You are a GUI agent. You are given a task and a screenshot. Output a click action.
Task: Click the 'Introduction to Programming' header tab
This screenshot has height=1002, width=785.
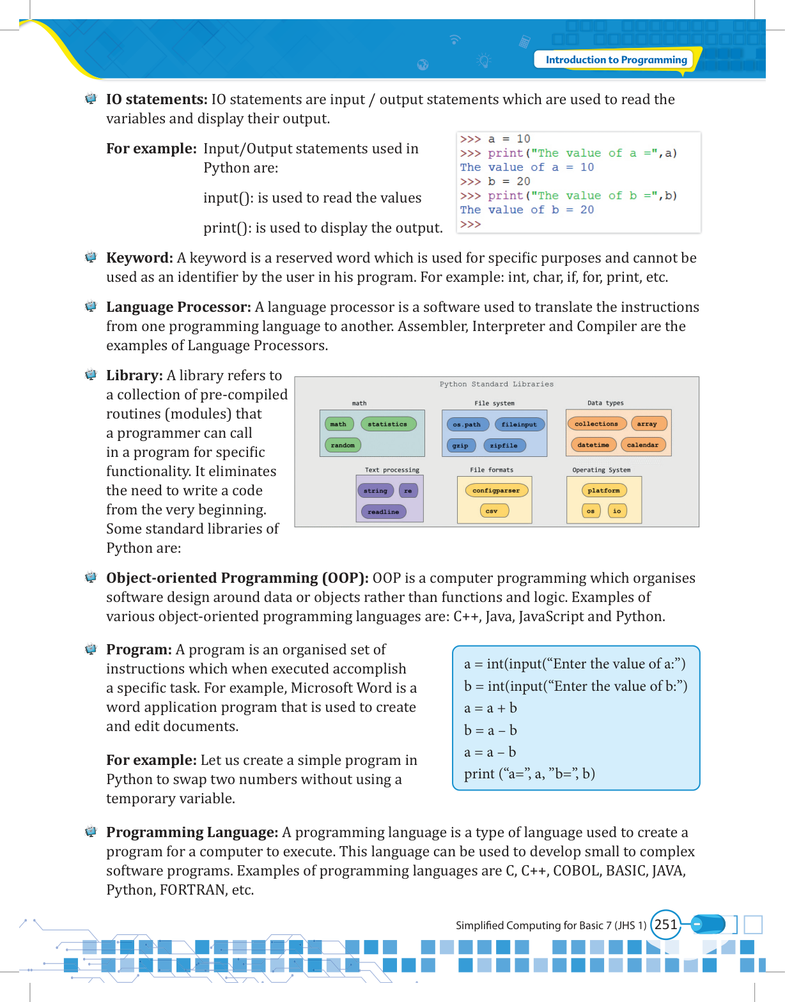pos(616,60)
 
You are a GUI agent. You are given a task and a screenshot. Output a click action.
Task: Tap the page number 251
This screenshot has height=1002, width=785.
pos(665,925)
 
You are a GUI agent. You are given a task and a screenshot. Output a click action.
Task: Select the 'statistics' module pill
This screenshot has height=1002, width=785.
pos(387,424)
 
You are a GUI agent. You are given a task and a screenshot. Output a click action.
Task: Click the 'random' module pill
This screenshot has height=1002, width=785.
pos(343,445)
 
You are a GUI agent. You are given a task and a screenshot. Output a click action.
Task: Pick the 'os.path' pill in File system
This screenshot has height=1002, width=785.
pos(466,424)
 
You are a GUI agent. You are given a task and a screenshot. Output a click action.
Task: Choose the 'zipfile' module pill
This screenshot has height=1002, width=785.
pos(504,445)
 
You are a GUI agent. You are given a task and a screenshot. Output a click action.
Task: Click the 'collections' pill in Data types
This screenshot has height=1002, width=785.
pos(596,424)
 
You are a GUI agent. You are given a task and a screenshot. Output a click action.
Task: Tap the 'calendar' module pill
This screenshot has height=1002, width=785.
pos(642,445)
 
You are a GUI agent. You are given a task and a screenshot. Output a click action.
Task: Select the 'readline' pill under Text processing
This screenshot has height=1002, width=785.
pos(383,511)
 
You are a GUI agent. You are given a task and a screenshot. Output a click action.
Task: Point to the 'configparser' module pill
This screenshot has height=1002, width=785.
pos(495,491)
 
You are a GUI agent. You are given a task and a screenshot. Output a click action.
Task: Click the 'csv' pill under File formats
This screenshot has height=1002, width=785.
pos(491,511)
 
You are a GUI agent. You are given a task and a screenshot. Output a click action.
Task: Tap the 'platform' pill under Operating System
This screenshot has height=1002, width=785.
pos(603,491)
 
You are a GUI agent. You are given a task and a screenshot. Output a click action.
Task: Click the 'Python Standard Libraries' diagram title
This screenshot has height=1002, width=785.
pos(496,384)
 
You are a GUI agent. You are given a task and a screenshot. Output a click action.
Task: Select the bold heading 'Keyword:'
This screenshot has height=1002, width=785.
pos(139,258)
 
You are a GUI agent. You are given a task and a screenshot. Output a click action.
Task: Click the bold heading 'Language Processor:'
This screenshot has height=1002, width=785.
pos(178,307)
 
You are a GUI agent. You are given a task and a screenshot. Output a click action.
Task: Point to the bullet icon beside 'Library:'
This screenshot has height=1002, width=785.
pos(91,375)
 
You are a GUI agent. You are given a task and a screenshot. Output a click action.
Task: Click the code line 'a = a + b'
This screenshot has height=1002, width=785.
pos(490,708)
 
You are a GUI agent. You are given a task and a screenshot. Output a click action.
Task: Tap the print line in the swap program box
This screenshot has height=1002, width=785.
pos(529,774)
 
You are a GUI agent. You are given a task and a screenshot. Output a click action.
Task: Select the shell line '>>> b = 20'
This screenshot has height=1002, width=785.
pos(495,181)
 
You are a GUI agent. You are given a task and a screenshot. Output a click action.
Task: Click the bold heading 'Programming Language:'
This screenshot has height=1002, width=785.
pos(192,833)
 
